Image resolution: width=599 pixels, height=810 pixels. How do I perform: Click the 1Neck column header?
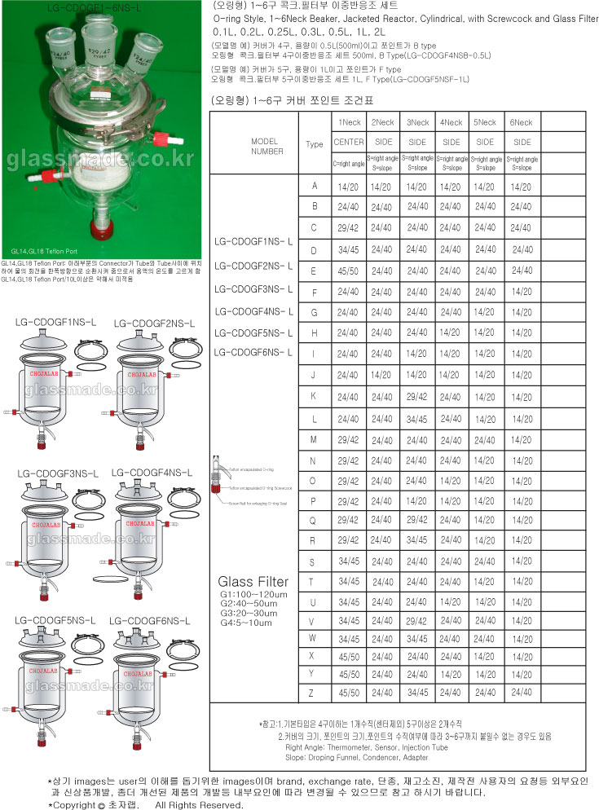tap(349, 122)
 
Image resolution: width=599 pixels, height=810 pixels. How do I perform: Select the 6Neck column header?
tap(520, 122)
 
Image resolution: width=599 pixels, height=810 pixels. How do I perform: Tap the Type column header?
tap(314, 144)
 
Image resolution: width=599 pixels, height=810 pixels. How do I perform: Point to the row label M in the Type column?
tap(313, 439)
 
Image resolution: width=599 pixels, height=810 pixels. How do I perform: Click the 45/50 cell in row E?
tap(349, 270)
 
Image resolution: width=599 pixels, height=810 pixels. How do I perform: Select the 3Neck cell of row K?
tap(417, 396)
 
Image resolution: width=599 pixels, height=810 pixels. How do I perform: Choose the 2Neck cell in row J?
tap(382, 375)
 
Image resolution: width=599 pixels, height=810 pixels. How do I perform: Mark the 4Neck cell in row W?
tap(451, 637)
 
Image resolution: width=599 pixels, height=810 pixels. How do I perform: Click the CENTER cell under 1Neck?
tap(349, 142)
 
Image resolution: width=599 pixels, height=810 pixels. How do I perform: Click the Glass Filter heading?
tap(253, 582)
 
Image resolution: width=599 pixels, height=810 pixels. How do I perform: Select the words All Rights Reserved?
tap(199, 804)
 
